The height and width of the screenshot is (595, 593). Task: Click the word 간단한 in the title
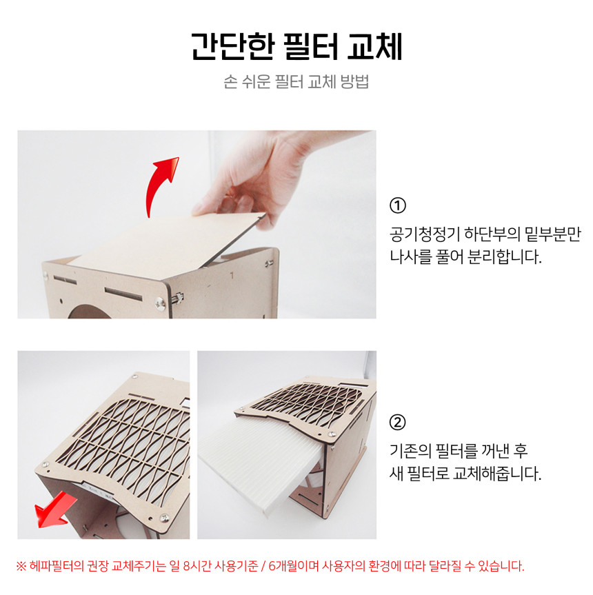[x=232, y=47]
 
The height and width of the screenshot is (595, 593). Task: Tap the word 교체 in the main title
[x=374, y=47]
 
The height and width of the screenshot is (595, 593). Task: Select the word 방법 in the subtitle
[x=354, y=81]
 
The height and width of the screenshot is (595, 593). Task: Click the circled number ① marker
[x=398, y=205]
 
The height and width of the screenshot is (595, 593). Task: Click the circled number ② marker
[x=398, y=422]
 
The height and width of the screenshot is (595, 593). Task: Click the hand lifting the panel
[x=265, y=179]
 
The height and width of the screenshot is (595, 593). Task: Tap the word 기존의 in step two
[x=410, y=451]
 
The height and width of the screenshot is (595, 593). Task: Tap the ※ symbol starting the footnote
[x=21, y=567]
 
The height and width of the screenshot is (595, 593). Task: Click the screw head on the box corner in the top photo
[x=161, y=303]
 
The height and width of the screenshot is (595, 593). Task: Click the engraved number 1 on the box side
[x=232, y=275]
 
